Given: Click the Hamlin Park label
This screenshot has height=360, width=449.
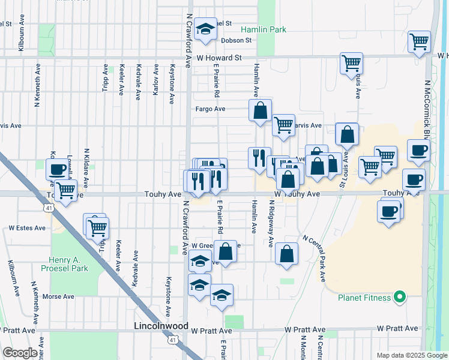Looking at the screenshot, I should point(263,29).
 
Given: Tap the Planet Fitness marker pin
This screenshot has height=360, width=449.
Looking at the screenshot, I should point(397,297).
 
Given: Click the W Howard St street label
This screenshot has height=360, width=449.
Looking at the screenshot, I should point(219,58).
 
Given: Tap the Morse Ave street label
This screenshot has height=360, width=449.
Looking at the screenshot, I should point(58,296).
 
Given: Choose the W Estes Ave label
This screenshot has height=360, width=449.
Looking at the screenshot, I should point(27,228).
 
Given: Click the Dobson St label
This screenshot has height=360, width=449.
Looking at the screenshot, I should point(236,40).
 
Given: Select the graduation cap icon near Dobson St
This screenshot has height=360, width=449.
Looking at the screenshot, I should point(205,29).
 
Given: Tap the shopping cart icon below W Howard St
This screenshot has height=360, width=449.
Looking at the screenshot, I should point(351,62).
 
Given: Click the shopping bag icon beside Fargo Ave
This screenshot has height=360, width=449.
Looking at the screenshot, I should point(260,110).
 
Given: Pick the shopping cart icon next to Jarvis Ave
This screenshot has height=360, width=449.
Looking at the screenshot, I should point(283,125).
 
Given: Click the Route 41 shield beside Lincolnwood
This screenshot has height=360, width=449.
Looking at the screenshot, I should point(172,340).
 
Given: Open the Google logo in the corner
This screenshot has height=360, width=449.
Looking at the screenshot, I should point(20,353).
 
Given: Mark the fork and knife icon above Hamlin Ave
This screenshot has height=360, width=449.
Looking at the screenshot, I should point(259,158).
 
